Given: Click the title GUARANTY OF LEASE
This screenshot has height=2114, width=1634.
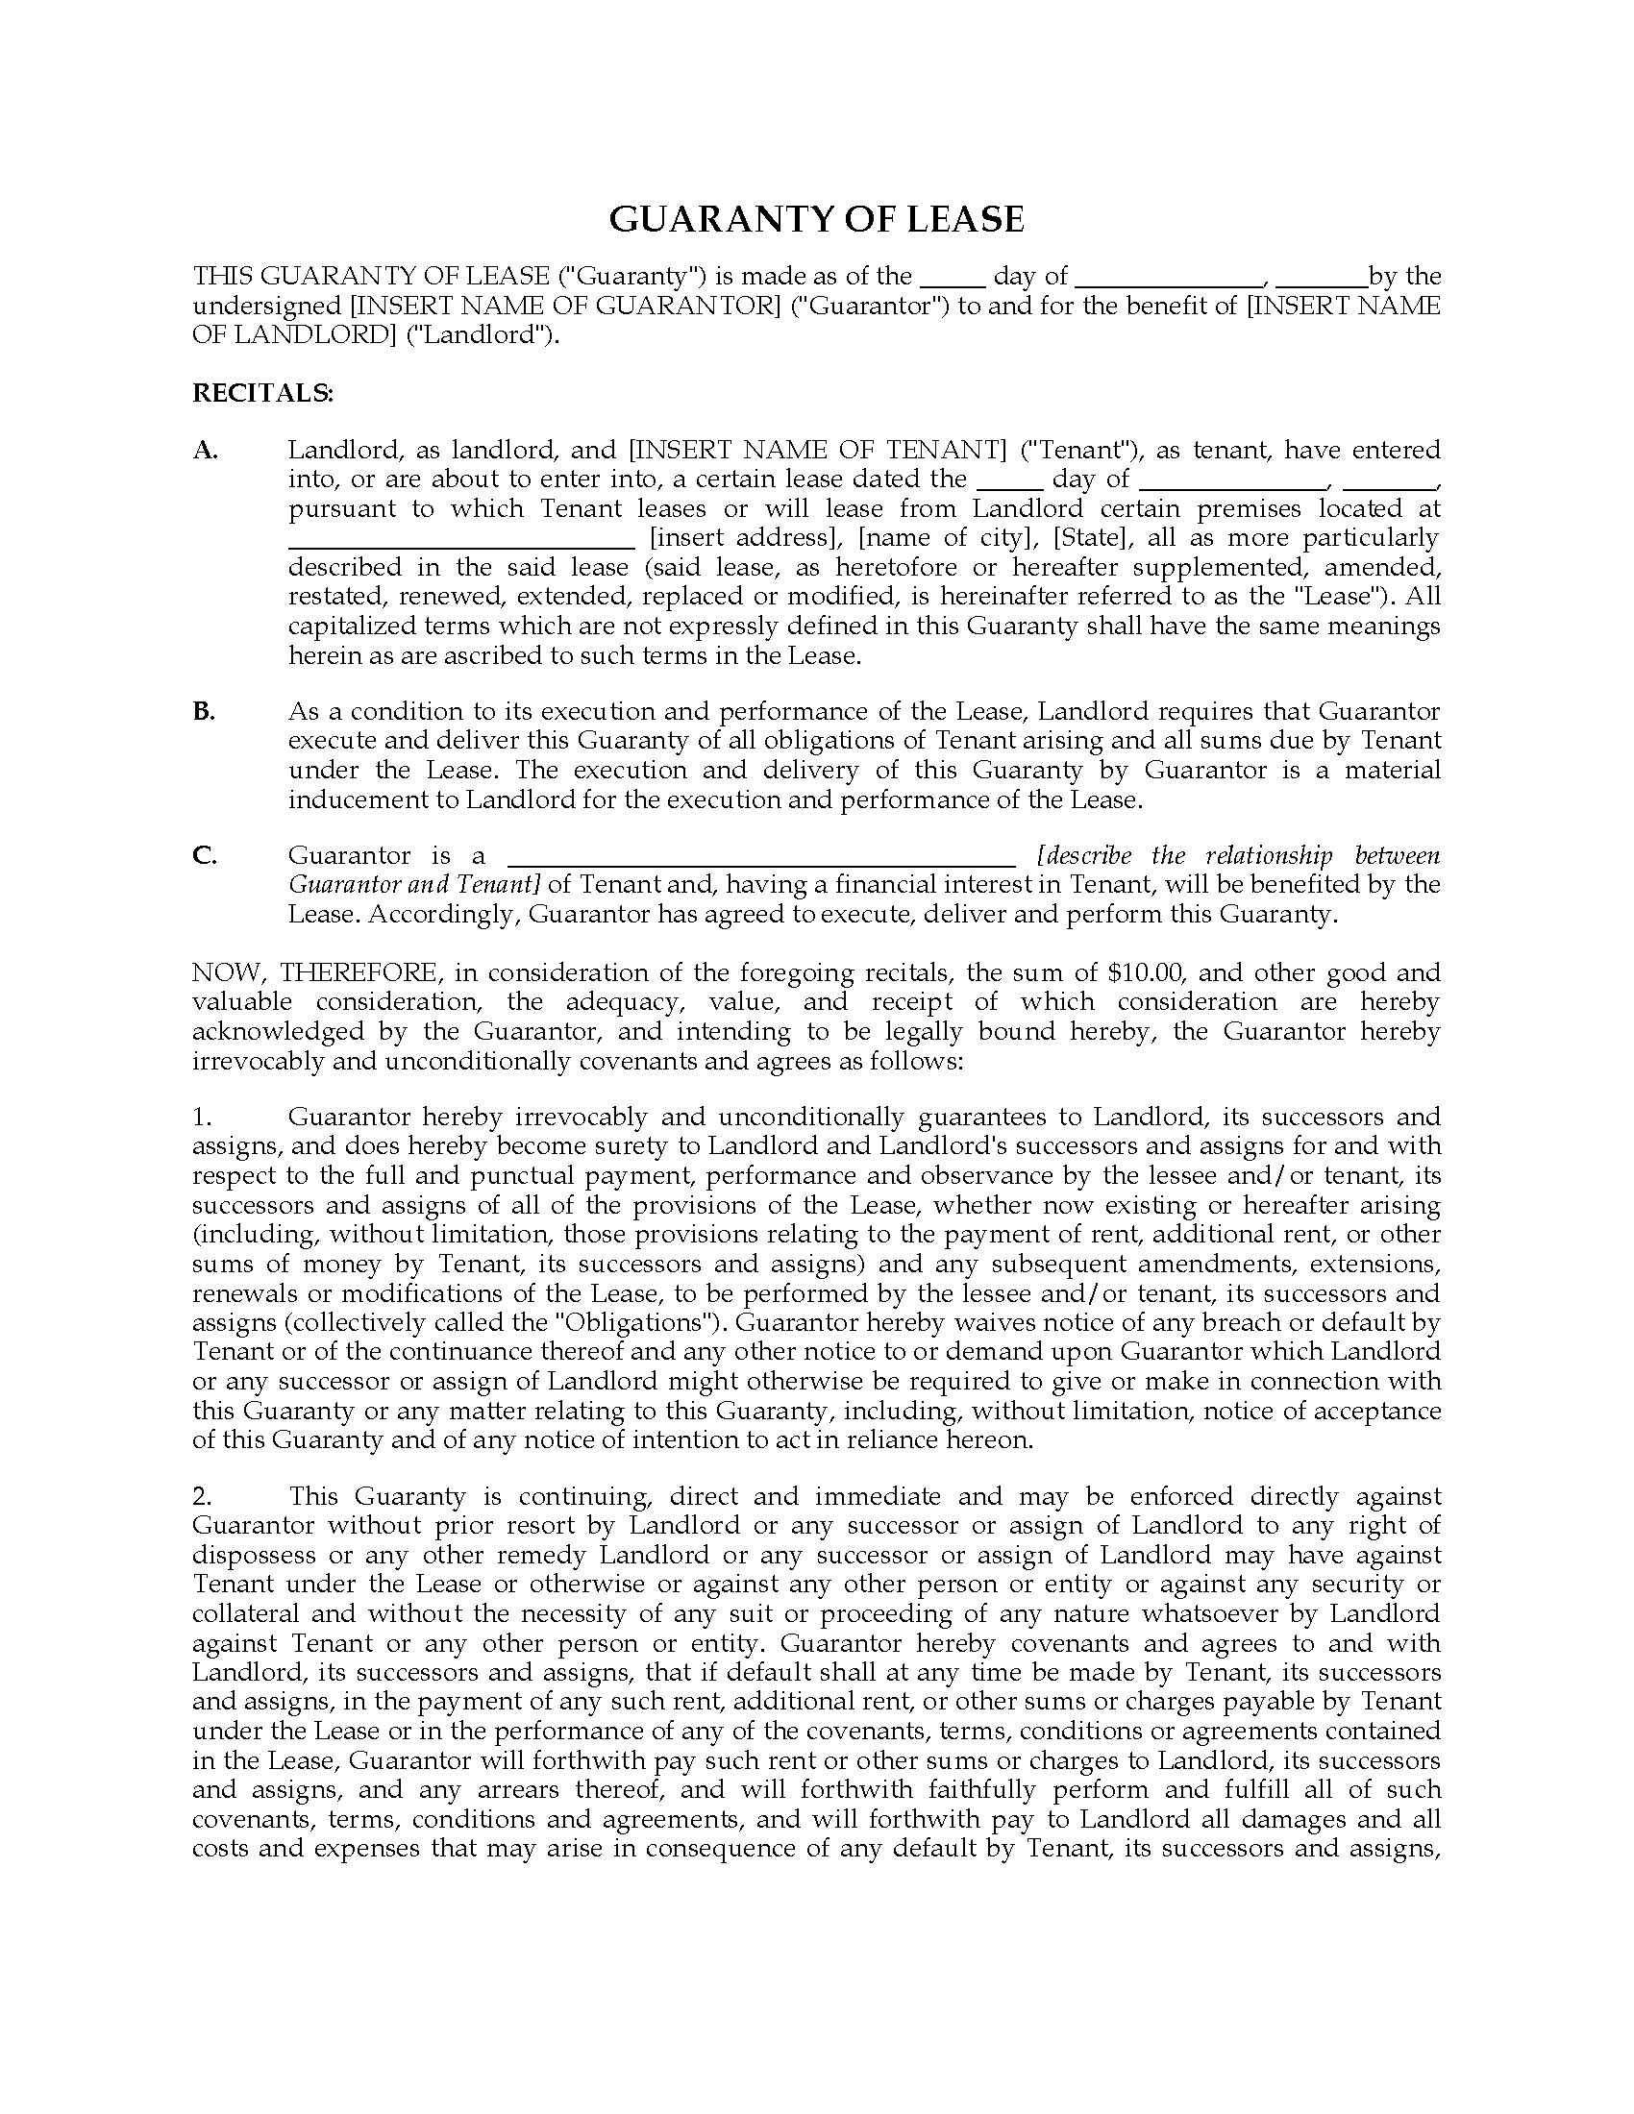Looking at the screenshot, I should [x=816, y=220].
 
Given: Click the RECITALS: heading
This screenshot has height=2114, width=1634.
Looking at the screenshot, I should [x=263, y=393].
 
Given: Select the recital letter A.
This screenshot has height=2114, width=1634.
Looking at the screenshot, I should [x=206, y=450].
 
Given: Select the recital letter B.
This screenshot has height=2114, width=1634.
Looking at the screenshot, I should [x=203, y=711].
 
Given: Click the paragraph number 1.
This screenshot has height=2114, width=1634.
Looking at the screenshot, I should [x=201, y=1117].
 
